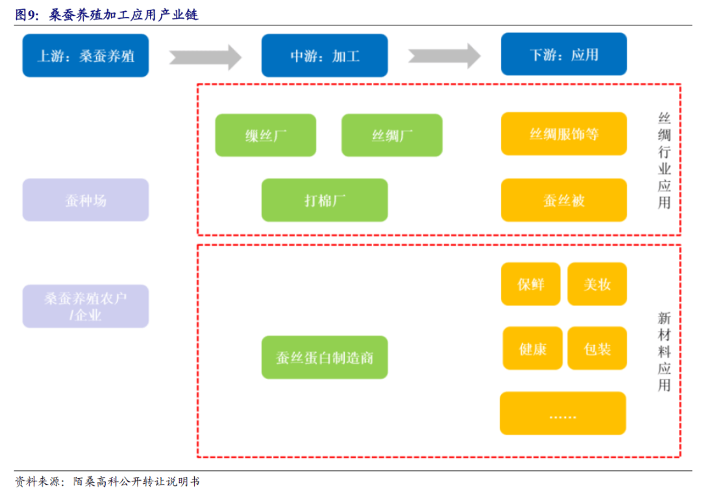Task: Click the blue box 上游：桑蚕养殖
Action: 86,55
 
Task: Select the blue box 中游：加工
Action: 325,55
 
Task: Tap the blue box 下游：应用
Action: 563,54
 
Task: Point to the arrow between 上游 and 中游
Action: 205,56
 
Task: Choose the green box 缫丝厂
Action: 265,135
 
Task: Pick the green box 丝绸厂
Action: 392,135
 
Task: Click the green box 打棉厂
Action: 325,200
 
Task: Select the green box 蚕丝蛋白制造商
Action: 325,357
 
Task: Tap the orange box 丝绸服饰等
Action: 563,134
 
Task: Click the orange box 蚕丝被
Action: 563,200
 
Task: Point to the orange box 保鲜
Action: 530,284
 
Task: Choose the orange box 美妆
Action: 597,284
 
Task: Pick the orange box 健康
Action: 532,348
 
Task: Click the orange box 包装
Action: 597,348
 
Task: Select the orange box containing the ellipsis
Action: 563,413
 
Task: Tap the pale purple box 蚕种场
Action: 86,200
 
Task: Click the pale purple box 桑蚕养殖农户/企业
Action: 86,306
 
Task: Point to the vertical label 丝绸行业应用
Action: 664,160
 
